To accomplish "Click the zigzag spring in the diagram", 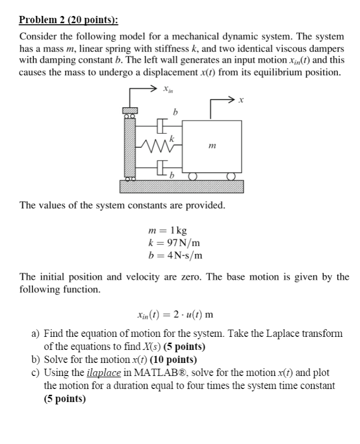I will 153,143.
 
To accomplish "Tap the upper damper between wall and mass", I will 161,127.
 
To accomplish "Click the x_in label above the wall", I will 167,90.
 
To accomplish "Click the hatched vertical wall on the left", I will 129,147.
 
